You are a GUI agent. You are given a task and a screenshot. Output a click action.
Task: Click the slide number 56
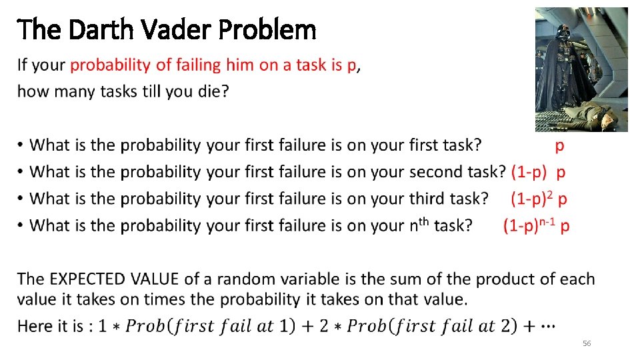tap(587, 343)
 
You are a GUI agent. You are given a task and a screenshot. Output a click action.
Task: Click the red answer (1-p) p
tap(539, 172)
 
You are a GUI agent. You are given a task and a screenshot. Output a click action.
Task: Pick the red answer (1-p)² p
tap(539, 199)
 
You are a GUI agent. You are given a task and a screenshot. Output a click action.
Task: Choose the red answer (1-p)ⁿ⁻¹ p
tap(537, 225)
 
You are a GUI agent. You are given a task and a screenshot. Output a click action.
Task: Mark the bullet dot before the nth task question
tap(22, 226)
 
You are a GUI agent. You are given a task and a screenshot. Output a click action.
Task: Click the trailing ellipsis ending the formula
tap(550, 326)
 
